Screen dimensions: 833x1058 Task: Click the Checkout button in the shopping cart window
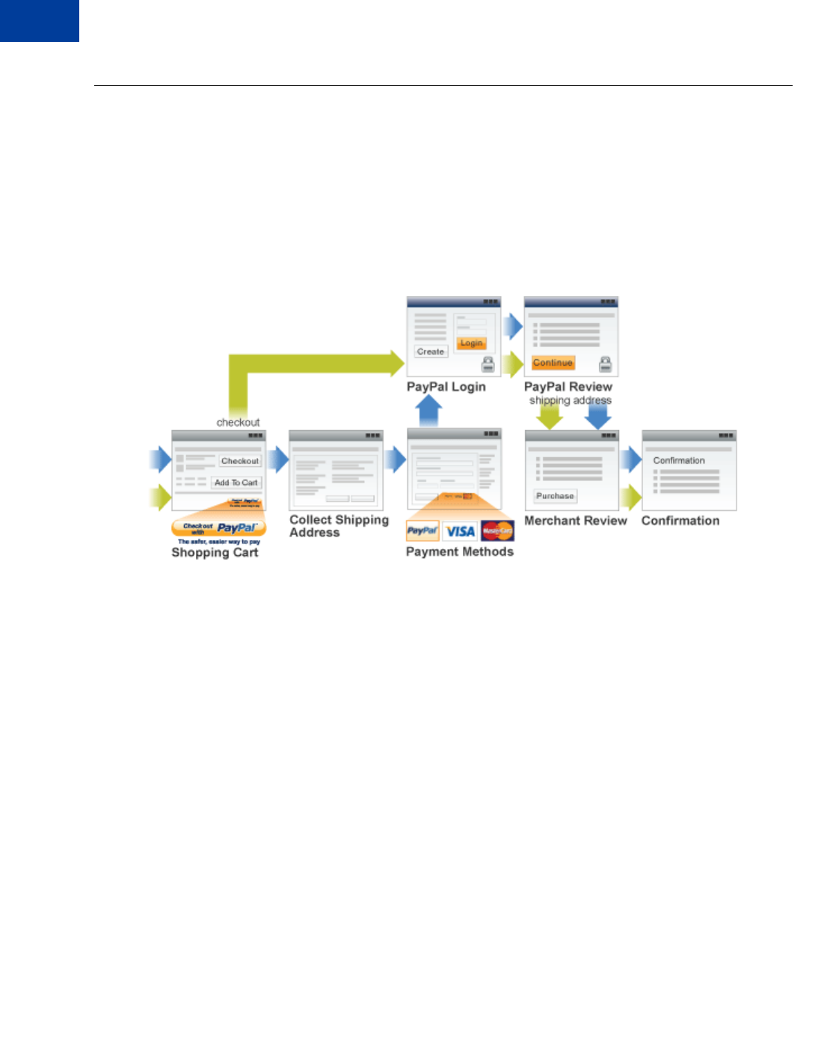[x=240, y=461]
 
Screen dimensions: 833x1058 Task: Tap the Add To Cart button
[x=236, y=483]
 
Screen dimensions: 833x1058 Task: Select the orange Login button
[x=471, y=343]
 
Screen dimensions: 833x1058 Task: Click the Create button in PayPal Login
[x=431, y=351]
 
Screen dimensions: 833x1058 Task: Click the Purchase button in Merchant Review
[x=555, y=496]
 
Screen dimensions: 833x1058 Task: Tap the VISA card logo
[x=460, y=531]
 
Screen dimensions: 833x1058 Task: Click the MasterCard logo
[x=497, y=530]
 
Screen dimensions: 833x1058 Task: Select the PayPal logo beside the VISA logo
[x=422, y=530]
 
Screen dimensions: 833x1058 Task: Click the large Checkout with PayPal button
[x=218, y=528]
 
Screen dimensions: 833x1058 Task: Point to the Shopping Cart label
[x=215, y=552]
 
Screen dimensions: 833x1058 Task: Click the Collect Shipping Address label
[x=339, y=526]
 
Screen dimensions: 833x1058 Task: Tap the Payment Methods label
[x=459, y=551]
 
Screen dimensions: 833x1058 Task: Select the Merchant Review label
[x=575, y=521]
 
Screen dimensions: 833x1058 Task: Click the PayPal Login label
[x=446, y=387]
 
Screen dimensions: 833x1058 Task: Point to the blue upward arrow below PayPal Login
[x=429, y=411]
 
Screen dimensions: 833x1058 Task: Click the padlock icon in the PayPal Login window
[x=488, y=364]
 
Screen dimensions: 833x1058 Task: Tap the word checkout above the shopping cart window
[x=238, y=422]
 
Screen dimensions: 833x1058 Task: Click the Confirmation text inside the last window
[x=679, y=460]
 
